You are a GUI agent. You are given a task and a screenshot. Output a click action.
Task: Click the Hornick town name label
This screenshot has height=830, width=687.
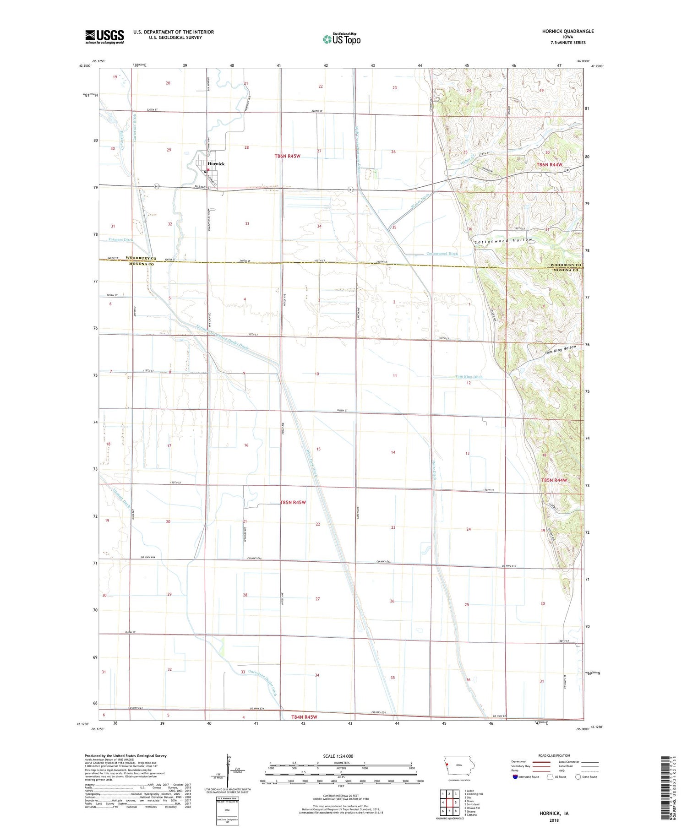216,163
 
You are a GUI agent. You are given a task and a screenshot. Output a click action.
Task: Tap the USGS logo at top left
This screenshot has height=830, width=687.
104,37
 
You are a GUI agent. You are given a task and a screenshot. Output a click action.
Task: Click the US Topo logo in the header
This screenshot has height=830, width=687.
341,39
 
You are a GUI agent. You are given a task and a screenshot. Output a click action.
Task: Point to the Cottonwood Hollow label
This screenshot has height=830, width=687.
503,240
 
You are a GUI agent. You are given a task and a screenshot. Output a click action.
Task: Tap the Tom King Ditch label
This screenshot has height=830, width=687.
469,377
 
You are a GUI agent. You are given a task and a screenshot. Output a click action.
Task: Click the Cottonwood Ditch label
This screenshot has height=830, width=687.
442,254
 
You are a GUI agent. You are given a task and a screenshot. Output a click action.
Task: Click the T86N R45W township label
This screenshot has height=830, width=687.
287,156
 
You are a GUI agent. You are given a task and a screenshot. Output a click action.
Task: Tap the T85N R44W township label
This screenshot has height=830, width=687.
554,480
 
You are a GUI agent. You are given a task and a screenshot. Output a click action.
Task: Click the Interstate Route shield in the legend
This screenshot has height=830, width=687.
515,777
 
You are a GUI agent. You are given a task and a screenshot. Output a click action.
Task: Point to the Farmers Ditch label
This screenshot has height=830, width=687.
121,239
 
